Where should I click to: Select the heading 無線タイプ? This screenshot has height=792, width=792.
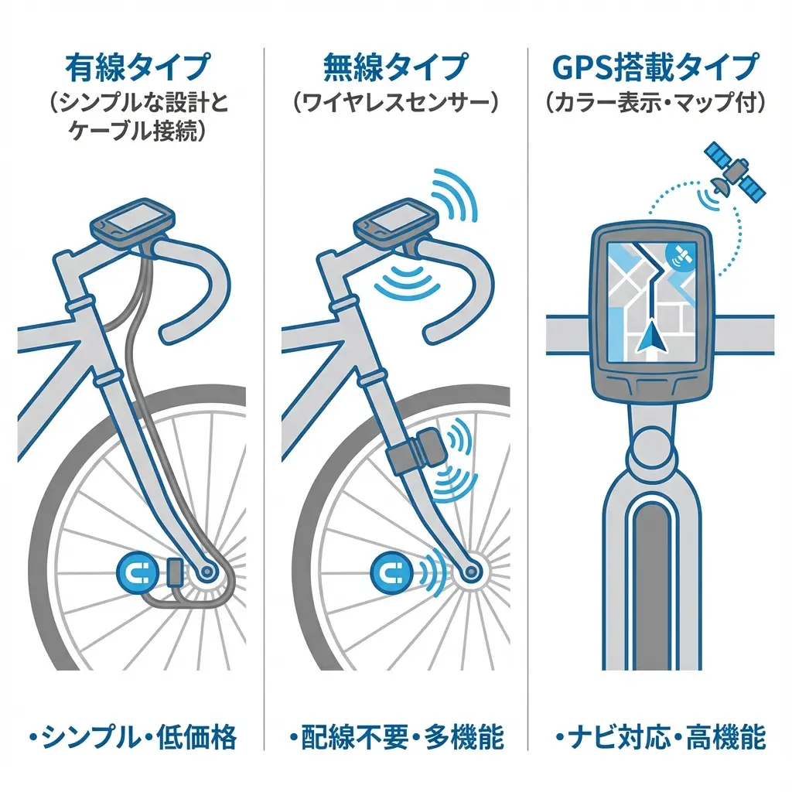point(395,68)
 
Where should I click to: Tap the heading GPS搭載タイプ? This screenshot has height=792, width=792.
point(654,68)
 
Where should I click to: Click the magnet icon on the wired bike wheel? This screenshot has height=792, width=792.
point(137,574)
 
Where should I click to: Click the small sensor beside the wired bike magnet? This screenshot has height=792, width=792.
point(174,573)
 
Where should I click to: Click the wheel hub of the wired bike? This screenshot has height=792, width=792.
point(208,572)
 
